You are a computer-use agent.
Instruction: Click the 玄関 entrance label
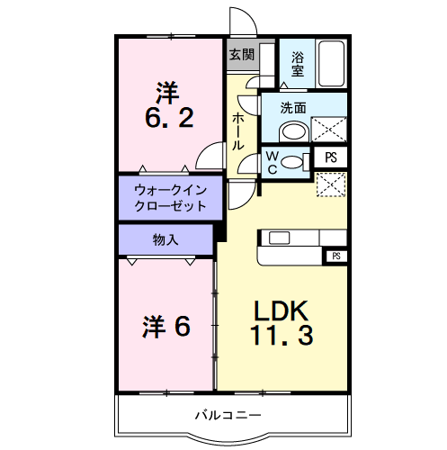241,54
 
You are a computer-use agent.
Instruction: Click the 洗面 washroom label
292,108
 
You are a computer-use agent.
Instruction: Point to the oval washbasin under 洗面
293,132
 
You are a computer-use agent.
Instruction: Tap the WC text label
271,161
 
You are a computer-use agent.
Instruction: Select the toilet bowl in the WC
292,162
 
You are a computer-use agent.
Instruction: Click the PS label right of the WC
331,157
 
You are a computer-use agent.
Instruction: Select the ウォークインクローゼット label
170,198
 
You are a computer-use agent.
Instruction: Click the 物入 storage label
165,239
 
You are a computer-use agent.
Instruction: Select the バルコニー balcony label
228,416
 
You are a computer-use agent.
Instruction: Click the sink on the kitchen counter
277,238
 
